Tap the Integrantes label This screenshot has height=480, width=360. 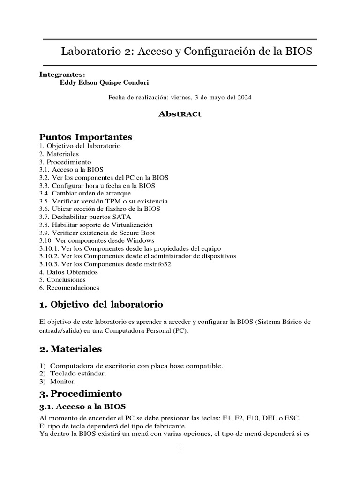pos(62,74)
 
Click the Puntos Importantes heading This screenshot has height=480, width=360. pos(86,137)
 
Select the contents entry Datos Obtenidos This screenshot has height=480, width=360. pos(68,272)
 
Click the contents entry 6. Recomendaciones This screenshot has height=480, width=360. pos(69,287)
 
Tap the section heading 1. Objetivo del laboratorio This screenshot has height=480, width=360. pos(101,305)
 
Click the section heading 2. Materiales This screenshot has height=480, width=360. pos(71,349)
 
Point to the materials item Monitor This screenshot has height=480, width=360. pos(63,382)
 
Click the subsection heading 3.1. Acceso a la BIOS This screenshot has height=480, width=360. pos(82,405)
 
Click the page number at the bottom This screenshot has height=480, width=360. pos(180,448)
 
